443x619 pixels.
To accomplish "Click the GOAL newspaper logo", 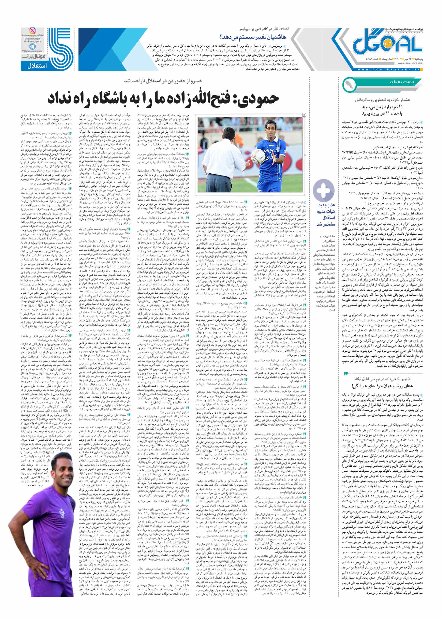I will click(x=388, y=43).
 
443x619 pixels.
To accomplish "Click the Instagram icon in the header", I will click(x=32, y=31).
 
